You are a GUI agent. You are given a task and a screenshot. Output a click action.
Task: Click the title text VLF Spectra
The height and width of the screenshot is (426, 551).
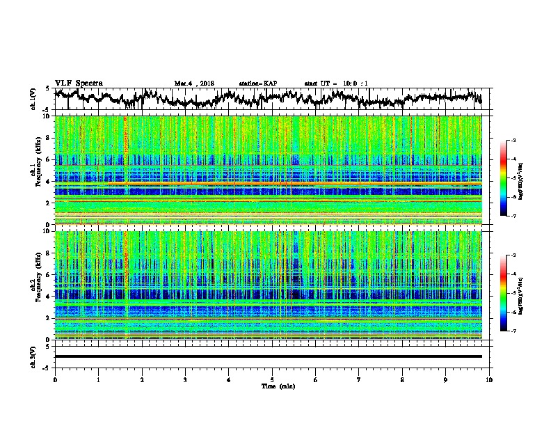(79, 83)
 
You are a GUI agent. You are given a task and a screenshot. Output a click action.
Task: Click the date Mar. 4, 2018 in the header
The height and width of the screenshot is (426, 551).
(194, 84)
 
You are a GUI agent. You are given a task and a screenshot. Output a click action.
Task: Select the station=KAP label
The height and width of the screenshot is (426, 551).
(257, 84)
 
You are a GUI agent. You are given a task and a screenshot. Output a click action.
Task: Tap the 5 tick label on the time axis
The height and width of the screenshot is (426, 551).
(272, 379)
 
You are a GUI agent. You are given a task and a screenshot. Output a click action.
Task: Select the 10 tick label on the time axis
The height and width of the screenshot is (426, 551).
(489, 379)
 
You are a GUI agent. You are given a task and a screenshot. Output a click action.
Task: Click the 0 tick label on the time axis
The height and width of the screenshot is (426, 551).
(55, 379)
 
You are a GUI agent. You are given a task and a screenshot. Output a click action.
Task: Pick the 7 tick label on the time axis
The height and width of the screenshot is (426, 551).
(359, 379)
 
